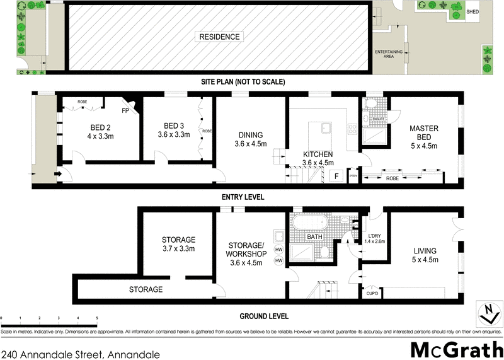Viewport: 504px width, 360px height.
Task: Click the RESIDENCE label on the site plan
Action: coord(220,37)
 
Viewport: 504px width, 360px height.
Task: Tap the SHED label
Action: coord(472,11)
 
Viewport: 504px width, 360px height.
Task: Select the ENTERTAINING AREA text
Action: coord(384,54)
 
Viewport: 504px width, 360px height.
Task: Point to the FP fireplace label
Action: coord(125,111)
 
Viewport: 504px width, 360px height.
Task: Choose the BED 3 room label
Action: coord(173,129)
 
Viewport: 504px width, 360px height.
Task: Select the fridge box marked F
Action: coord(337,175)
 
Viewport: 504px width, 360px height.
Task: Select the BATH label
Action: coord(316,237)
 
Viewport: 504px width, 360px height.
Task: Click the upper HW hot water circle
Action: coord(278,248)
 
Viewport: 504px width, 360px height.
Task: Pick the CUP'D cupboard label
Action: coord(372,293)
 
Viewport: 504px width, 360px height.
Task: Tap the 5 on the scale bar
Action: coord(97,318)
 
